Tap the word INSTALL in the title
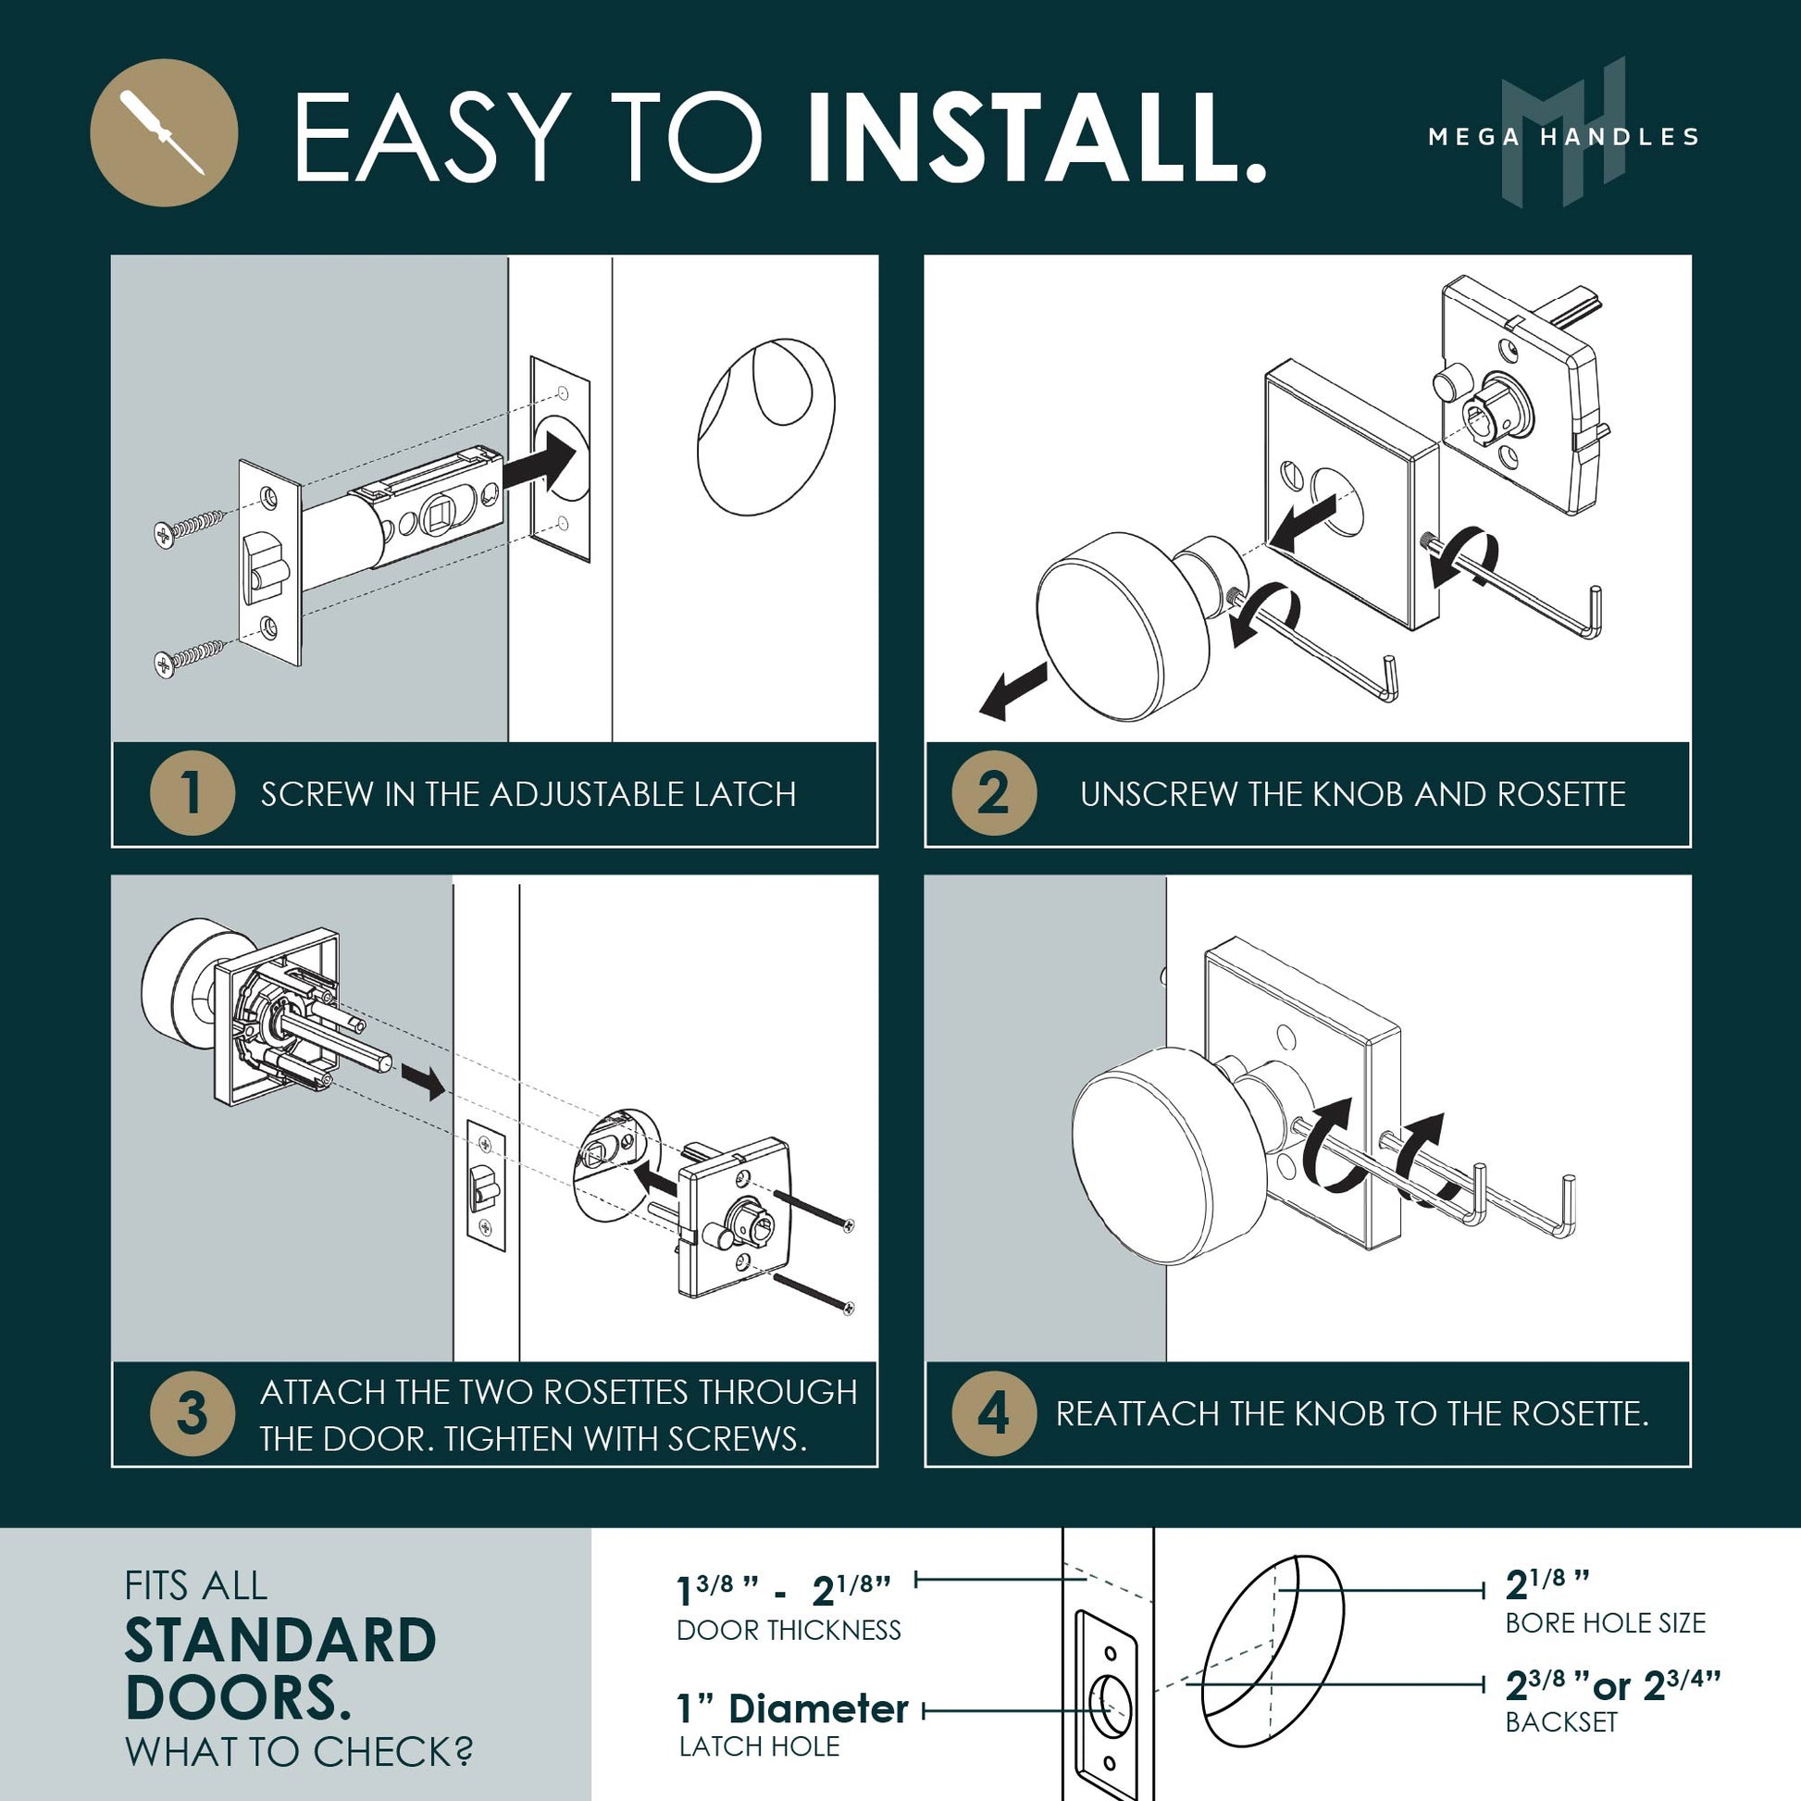(x=1035, y=137)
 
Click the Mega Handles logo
(x=1563, y=132)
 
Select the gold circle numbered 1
(x=192, y=793)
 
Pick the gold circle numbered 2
(x=994, y=793)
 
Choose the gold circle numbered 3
(x=192, y=1413)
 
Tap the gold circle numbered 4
(x=994, y=1413)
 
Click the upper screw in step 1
(x=189, y=528)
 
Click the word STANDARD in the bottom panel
(x=280, y=1642)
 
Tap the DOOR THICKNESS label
(x=789, y=1631)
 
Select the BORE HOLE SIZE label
(x=1605, y=1623)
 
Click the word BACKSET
(x=1561, y=1721)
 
